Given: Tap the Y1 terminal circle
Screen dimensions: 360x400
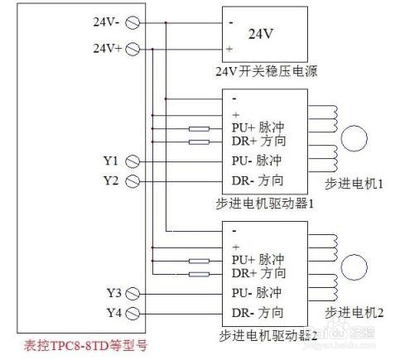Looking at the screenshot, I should click(x=132, y=161).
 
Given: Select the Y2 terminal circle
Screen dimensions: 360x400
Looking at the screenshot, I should click(x=132, y=180).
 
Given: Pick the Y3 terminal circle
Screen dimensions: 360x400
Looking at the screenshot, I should click(x=132, y=293).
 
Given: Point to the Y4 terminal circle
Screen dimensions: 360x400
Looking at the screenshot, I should click(x=132, y=312).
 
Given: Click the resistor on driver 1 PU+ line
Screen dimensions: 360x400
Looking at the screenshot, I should click(x=199, y=128).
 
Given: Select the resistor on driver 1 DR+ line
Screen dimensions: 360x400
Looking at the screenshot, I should click(x=199, y=142).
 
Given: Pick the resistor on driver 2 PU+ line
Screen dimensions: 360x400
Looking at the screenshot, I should click(x=199, y=261).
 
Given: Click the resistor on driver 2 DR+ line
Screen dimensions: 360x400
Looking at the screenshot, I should click(x=199, y=273).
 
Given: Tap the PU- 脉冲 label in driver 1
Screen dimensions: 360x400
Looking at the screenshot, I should click(x=258, y=161).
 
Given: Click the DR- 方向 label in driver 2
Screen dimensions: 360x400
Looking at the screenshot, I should click(x=258, y=312).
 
